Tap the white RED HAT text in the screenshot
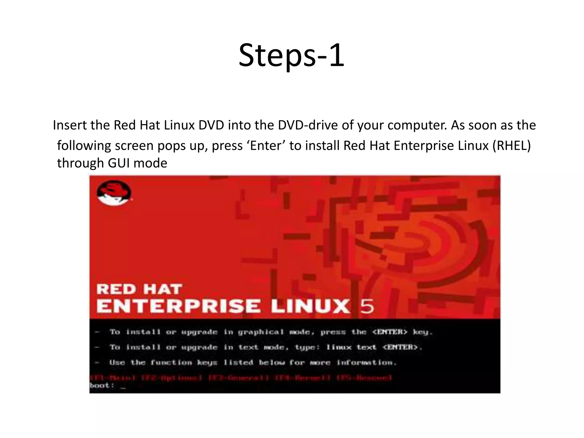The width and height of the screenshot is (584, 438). tap(139, 289)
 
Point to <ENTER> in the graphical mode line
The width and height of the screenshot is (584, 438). tap(390, 332)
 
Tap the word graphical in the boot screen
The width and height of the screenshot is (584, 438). tap(261, 332)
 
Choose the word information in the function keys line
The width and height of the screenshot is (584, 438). tap(366, 363)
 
